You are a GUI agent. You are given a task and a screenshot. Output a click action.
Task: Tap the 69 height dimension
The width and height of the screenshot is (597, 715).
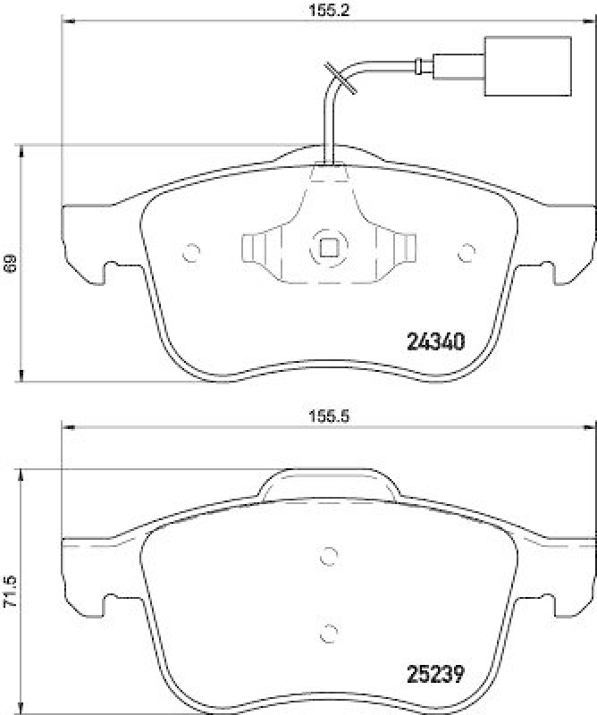pyautogui.click(x=10, y=263)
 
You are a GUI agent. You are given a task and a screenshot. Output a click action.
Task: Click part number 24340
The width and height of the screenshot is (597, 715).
pyautogui.click(x=434, y=341)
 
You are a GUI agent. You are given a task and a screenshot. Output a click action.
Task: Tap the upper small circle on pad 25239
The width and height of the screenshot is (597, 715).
pyautogui.click(x=328, y=555)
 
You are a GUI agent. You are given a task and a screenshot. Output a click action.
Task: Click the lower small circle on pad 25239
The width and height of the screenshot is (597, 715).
pyautogui.click(x=328, y=631)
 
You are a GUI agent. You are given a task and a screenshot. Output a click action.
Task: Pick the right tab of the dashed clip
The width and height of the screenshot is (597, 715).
pyautogui.click(x=404, y=248)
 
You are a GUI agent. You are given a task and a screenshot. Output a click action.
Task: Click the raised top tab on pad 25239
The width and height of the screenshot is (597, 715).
pyautogui.click(x=328, y=481)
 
